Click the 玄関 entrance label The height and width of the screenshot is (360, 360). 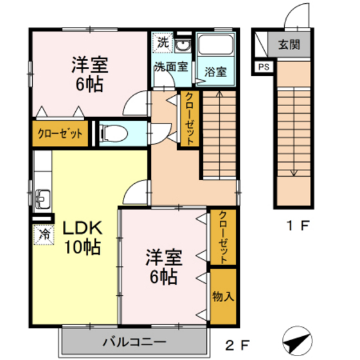289,45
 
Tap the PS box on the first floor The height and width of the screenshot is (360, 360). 264,66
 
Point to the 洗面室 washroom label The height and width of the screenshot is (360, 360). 170,67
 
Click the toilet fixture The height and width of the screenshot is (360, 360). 115,134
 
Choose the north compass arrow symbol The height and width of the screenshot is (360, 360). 296,339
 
